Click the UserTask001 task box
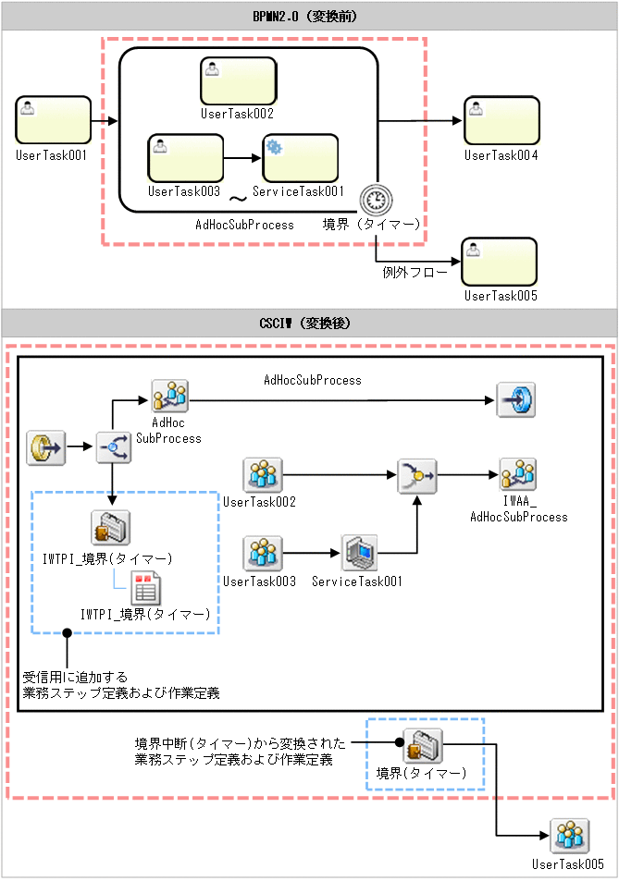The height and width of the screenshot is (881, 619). click(54, 120)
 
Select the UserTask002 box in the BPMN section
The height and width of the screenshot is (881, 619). click(238, 80)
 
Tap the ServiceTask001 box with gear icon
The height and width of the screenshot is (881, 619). click(300, 158)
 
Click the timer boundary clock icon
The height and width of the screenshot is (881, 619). click(377, 199)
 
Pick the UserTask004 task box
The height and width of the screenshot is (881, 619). click(501, 120)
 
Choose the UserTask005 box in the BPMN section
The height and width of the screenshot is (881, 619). click(500, 262)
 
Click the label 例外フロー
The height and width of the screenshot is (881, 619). click(415, 273)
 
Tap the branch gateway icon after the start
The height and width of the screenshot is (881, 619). click(112, 447)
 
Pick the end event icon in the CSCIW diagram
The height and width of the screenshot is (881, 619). click(515, 398)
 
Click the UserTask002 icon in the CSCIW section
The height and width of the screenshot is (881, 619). click(263, 475)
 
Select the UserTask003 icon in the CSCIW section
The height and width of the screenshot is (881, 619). click(263, 554)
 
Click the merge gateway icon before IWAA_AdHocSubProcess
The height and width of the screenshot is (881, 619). click(415, 475)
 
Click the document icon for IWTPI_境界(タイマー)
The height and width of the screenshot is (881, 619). click(145, 589)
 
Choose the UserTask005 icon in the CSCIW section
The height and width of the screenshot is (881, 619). click(568, 836)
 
